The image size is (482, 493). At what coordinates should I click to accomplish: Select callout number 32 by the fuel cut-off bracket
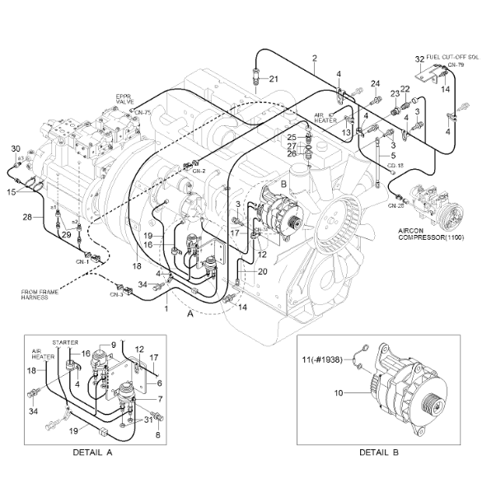[x=419, y=59]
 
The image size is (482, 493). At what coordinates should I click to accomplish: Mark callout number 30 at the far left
[x=14, y=148]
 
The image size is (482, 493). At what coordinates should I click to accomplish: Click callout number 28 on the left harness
[x=27, y=216]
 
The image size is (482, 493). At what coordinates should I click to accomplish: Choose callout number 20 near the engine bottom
[x=263, y=270]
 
